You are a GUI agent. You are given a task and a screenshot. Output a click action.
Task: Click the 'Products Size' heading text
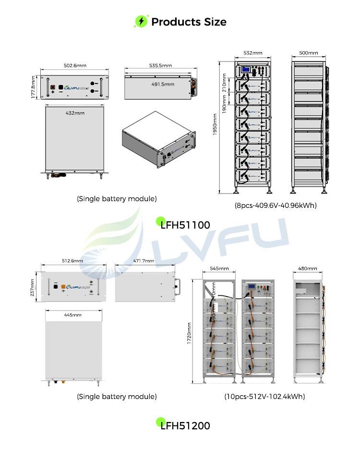pyautogui.click(x=189, y=22)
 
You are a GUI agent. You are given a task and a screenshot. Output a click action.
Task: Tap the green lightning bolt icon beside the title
pyautogui.click(x=141, y=22)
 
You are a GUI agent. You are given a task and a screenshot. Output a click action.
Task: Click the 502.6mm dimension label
pyautogui.click(x=75, y=66)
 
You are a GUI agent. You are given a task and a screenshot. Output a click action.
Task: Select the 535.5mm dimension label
pyautogui.click(x=160, y=65)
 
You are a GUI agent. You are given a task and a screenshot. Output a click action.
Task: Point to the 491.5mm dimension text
pyautogui.click(x=162, y=84)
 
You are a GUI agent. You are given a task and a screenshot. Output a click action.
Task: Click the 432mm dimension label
pyautogui.click(x=75, y=113)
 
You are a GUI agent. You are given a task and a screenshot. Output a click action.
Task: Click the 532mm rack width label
pyautogui.click(x=253, y=53)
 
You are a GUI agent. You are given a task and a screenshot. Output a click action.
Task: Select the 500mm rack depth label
pyautogui.click(x=309, y=53)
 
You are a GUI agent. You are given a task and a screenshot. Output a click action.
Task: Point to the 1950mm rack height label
pyautogui.click(x=215, y=124)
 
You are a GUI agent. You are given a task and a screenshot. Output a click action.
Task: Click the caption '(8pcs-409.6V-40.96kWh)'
pyautogui.click(x=276, y=206)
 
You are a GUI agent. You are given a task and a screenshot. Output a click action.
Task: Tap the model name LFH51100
pyautogui.click(x=185, y=224)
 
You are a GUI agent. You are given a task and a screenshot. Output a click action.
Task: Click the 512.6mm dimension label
pyautogui.click(x=73, y=261)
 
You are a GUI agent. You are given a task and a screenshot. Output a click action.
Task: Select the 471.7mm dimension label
pyautogui.click(x=144, y=261)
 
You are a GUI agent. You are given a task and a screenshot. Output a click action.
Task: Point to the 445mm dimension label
pyautogui.click(x=73, y=315)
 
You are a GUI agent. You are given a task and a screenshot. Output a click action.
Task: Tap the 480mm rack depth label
pyautogui.click(x=308, y=269)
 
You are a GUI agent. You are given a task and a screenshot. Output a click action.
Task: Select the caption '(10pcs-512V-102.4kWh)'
pyautogui.click(x=264, y=397)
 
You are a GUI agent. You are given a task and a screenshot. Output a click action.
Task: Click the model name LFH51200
pyautogui.click(x=185, y=425)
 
